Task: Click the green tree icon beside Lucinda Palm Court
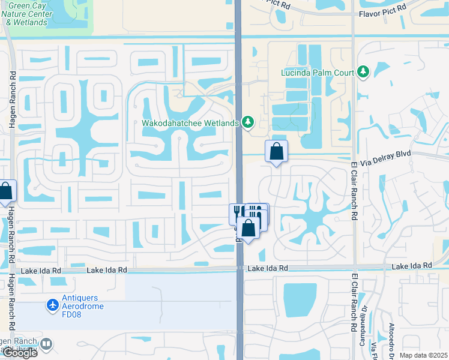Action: (x=363, y=73)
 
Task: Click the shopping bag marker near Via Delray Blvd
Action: (x=276, y=152)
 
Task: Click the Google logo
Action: (x=20, y=353)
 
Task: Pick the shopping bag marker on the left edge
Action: (x=5, y=192)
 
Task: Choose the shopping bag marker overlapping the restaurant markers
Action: (x=249, y=228)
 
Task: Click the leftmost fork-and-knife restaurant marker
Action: (x=237, y=212)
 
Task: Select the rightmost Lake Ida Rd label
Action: (x=412, y=265)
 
